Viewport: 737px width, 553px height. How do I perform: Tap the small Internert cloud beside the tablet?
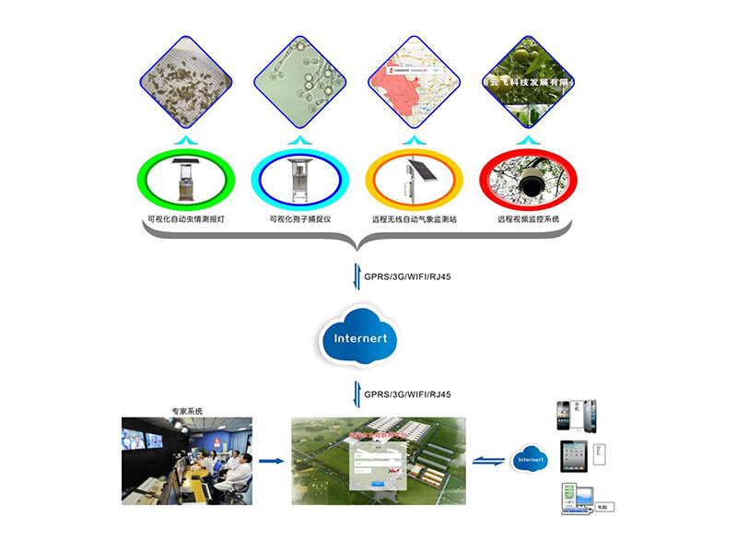click(x=531, y=458)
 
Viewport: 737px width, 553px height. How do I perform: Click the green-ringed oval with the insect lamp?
click(x=185, y=179)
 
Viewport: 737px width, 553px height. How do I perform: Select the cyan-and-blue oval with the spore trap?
click(x=300, y=179)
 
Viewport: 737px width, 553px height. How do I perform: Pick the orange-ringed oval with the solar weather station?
click(x=415, y=179)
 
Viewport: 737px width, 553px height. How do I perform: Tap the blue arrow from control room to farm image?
click(x=271, y=460)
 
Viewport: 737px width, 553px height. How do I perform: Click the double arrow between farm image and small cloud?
click(x=487, y=459)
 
